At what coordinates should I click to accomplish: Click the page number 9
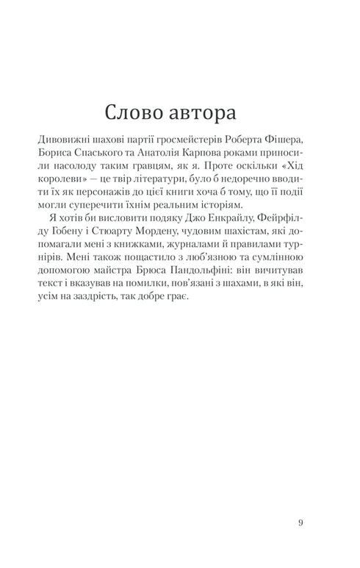coord(301,522)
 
